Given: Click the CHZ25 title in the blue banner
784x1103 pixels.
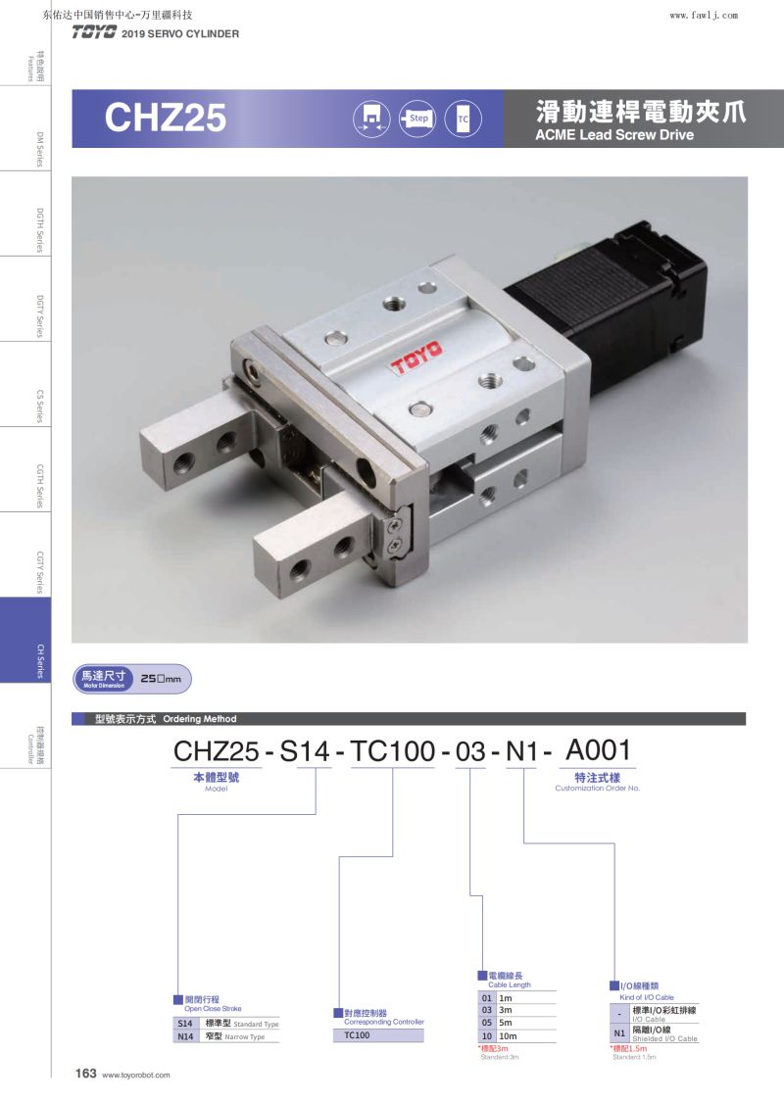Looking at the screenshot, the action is [x=166, y=118].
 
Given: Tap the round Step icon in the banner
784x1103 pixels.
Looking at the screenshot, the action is [x=417, y=119].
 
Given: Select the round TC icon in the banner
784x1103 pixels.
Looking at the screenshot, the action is [x=464, y=119].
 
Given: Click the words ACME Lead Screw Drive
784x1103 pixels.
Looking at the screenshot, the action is [x=614, y=135].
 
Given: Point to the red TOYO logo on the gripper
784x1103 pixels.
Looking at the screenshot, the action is [x=417, y=357].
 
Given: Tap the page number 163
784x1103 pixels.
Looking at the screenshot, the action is [x=86, y=1073].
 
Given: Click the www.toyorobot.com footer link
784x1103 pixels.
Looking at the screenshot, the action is [x=136, y=1075].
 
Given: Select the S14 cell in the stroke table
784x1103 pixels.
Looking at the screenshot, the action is [x=185, y=1024].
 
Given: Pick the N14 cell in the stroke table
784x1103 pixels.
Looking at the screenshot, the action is [x=185, y=1036].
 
